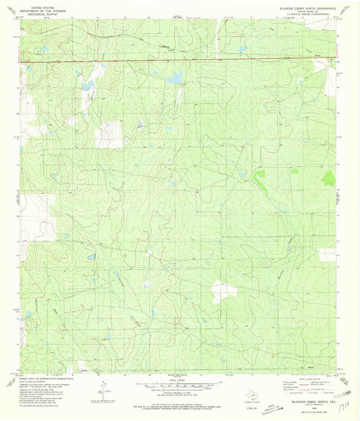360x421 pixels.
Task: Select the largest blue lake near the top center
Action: click(174, 78)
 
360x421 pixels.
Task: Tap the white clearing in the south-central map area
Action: click(223, 291)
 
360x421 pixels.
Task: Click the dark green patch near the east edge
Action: click(328, 178)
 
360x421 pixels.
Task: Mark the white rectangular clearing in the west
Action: click(106, 136)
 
